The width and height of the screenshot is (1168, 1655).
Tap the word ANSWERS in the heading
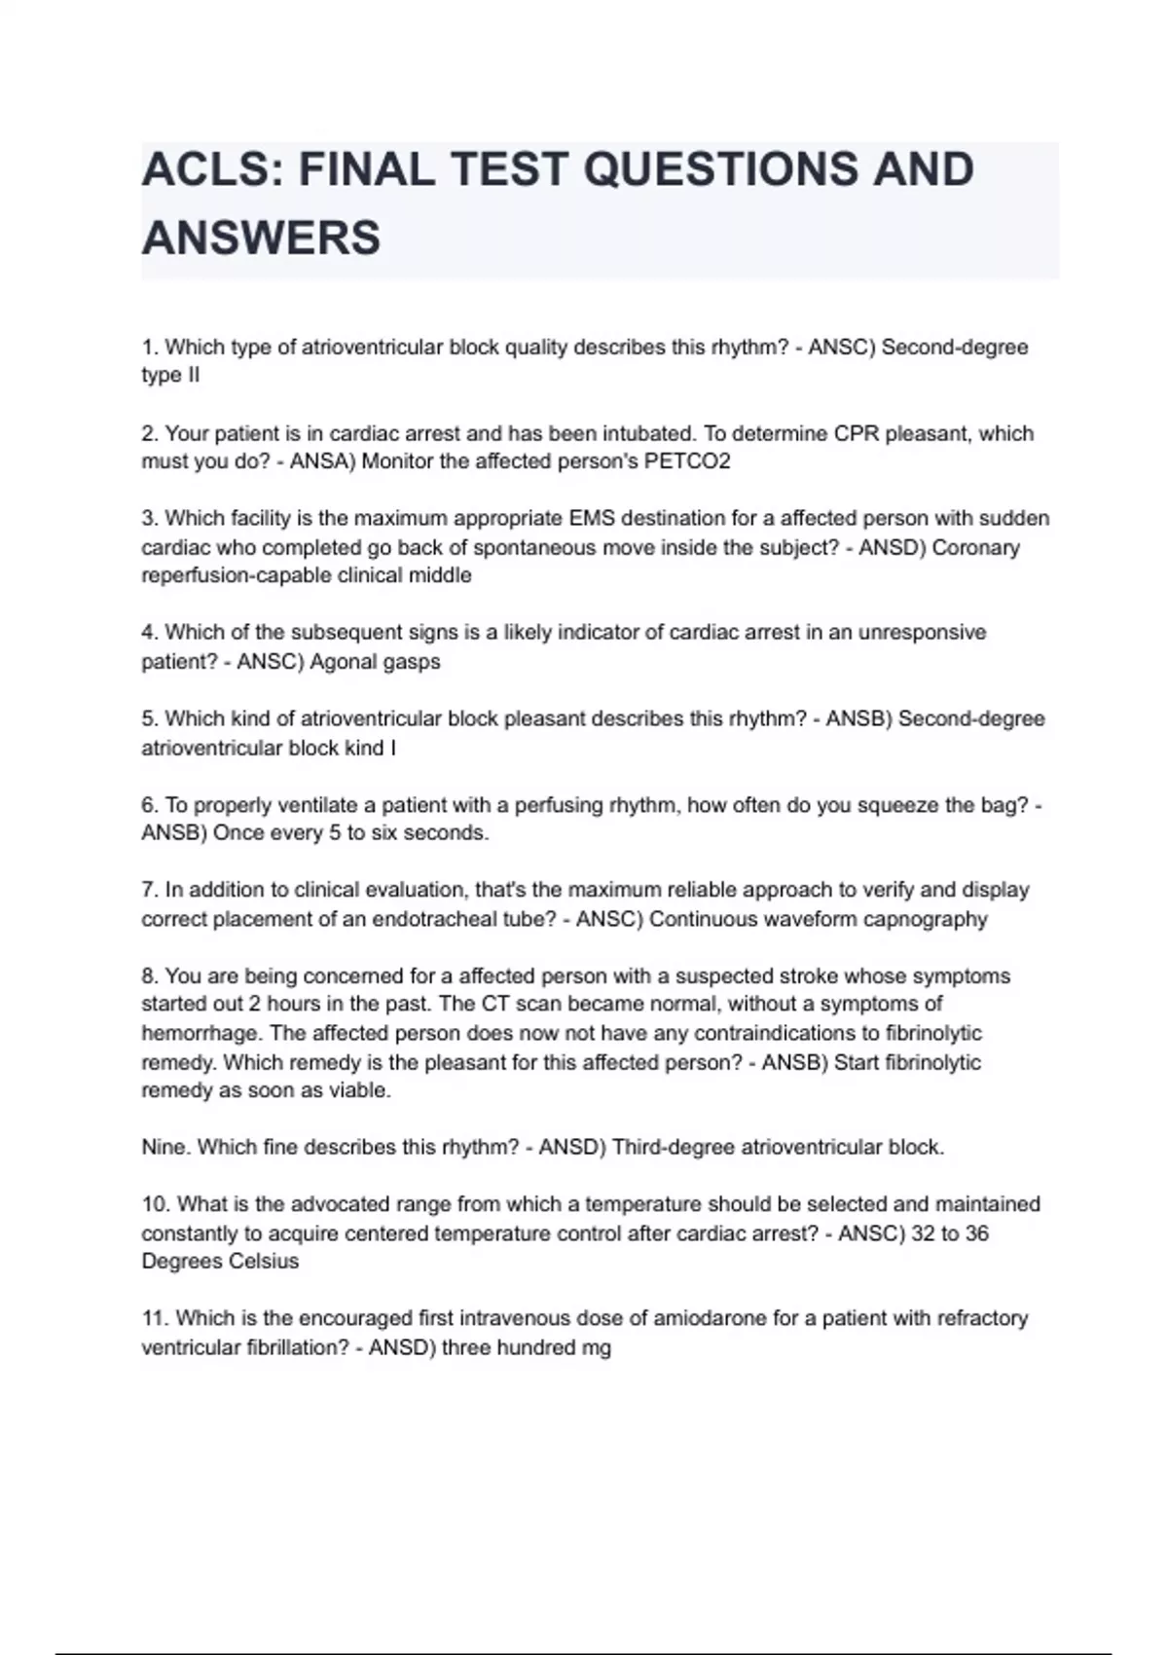coord(261,239)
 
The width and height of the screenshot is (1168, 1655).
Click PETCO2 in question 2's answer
coord(687,461)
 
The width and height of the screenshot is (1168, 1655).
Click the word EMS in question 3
coord(594,518)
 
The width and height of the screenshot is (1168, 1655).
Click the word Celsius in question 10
coord(262,1262)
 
